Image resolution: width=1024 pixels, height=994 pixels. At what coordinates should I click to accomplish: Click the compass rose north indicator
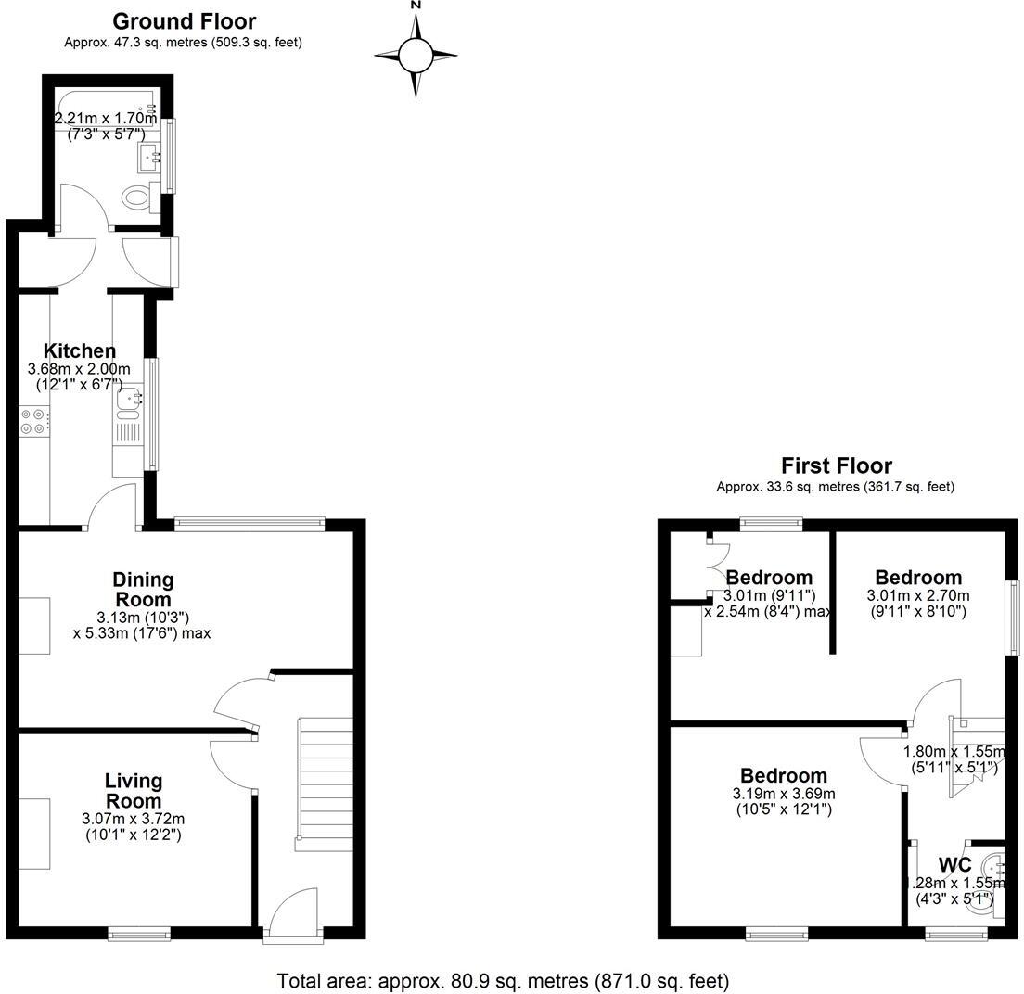click(x=416, y=7)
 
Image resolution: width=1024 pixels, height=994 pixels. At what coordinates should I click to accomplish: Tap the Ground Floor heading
click(x=184, y=21)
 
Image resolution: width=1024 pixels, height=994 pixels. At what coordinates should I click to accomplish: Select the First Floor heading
click(x=836, y=465)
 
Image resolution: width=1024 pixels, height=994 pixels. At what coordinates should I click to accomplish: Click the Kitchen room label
click(x=80, y=351)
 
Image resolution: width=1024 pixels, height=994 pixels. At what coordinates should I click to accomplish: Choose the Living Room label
click(x=134, y=791)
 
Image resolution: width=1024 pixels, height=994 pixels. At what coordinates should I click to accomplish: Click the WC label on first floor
click(x=954, y=865)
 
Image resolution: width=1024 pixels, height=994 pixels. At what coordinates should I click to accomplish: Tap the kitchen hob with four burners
click(x=34, y=422)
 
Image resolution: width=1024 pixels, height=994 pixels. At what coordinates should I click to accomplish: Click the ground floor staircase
click(x=325, y=784)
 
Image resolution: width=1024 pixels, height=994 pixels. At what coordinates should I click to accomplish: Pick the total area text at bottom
click(x=503, y=980)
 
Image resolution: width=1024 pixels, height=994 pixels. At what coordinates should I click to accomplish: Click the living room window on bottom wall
click(x=138, y=933)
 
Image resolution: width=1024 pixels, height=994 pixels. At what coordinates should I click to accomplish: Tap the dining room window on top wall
click(x=250, y=524)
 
